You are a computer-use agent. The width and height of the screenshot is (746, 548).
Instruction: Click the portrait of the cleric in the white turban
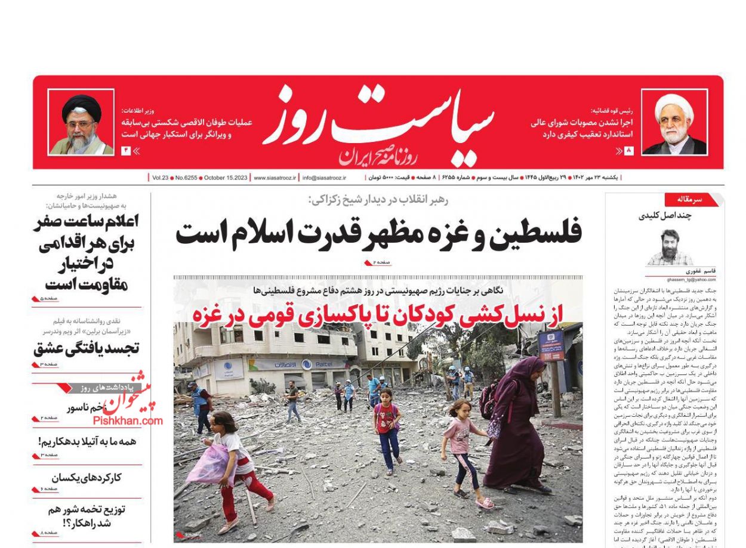674,122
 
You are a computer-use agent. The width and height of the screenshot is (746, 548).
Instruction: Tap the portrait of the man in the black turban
81,123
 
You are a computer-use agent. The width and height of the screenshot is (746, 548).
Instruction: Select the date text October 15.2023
226,178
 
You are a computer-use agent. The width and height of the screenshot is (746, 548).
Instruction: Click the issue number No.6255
186,178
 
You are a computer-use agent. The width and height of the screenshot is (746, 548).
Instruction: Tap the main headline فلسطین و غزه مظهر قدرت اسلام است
378,233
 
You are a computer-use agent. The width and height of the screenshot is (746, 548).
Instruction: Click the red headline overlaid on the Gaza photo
378,314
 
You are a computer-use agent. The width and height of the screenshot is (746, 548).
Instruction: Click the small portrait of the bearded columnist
670,247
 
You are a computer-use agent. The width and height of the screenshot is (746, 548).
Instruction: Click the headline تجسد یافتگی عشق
87,348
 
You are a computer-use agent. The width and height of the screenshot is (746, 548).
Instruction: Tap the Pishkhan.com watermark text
128,420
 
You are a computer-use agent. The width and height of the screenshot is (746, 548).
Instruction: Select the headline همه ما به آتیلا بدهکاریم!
87,442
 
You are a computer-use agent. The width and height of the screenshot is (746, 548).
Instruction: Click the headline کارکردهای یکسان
87,478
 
